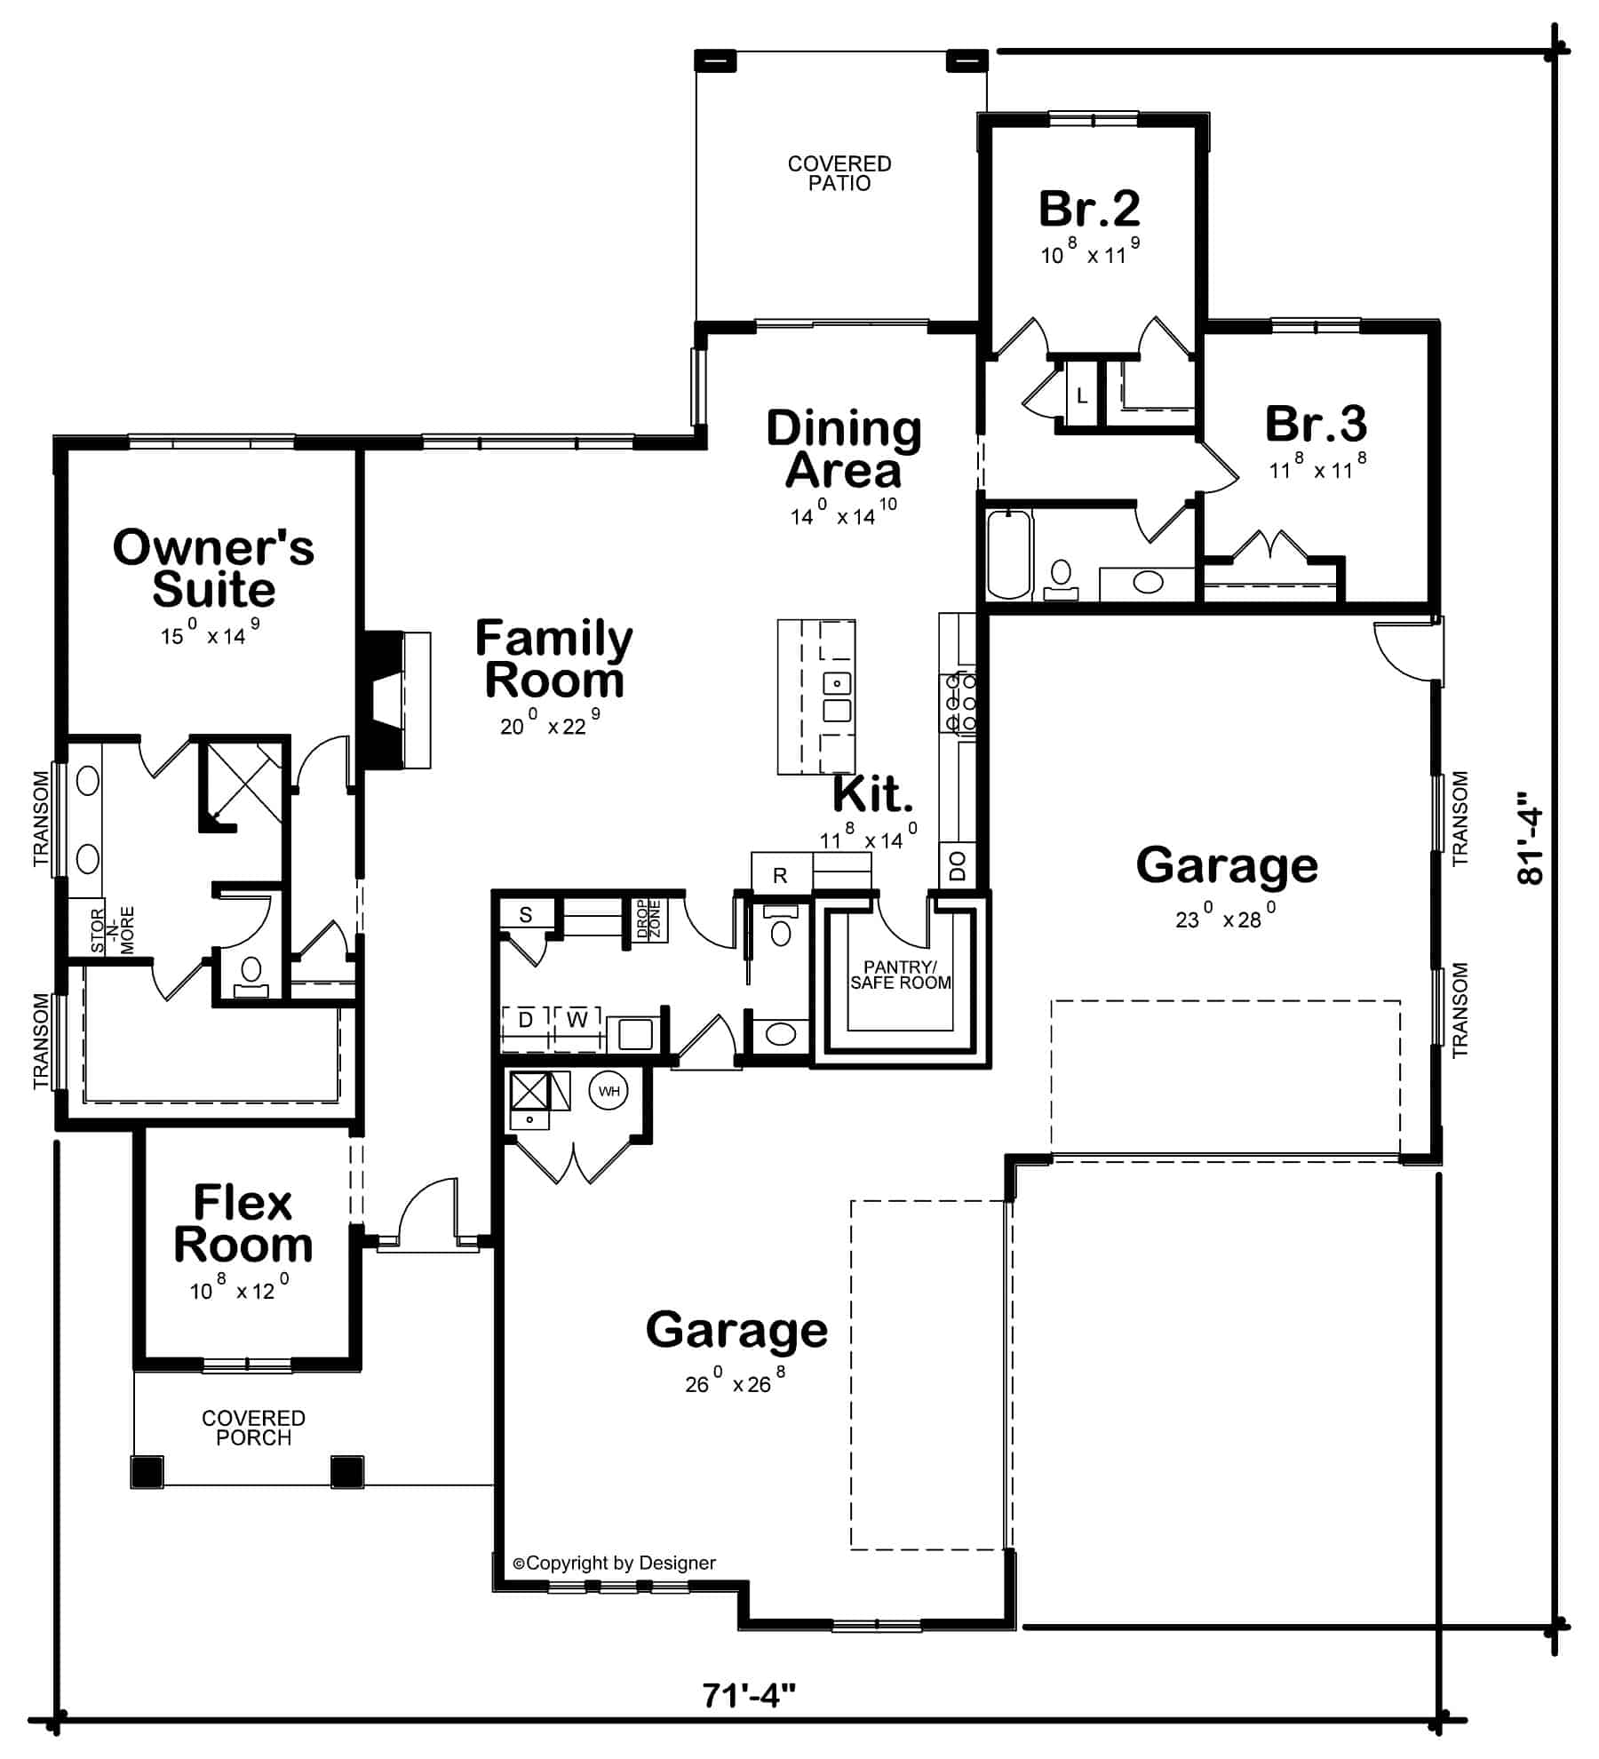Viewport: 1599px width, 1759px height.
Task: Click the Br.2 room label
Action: (1089, 209)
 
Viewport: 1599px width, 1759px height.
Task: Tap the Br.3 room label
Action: (1316, 424)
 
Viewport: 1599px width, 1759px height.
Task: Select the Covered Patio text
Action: (839, 173)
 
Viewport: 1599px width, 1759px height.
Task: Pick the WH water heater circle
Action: (609, 1091)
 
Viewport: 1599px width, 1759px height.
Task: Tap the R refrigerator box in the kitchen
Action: (780, 875)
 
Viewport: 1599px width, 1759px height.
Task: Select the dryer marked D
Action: (525, 1020)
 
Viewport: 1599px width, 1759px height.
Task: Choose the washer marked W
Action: (577, 1020)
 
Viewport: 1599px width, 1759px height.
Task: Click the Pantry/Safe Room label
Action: (900, 975)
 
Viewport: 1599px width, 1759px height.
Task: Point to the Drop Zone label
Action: (648, 919)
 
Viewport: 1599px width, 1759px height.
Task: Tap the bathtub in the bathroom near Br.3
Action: (1009, 553)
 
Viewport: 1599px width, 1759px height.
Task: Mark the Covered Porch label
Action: (253, 1428)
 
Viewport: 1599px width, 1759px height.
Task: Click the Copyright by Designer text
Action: (614, 1563)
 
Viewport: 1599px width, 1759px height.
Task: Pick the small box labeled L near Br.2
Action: (1081, 396)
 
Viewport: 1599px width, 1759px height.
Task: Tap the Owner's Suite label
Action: (213, 568)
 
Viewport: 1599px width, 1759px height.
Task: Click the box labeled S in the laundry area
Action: (525, 915)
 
